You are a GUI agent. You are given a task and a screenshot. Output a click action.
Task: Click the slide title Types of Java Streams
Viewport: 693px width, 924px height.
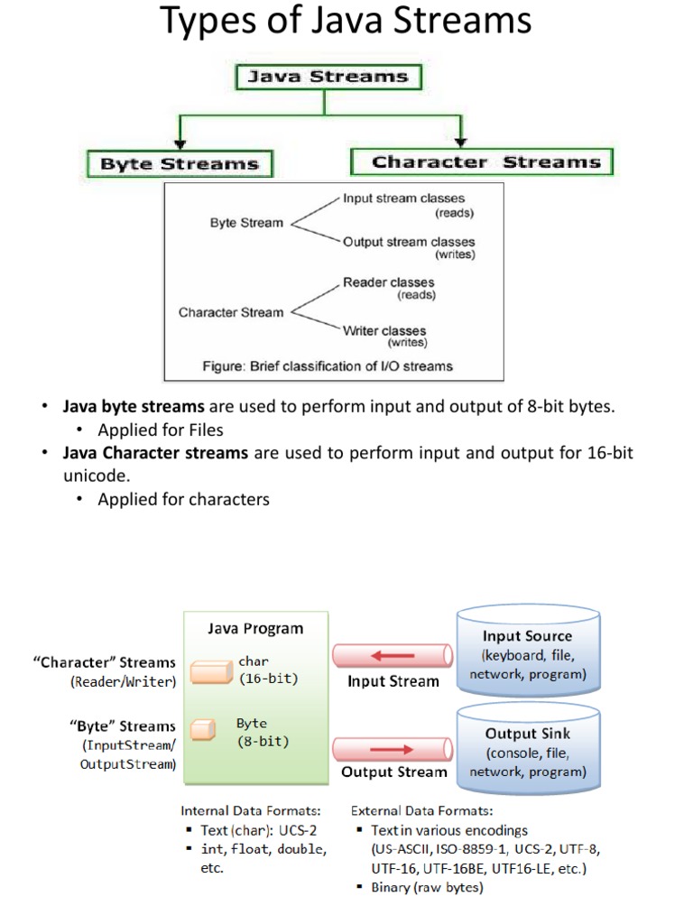pos(346,22)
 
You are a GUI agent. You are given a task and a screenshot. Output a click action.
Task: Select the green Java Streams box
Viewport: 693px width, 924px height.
pos(323,77)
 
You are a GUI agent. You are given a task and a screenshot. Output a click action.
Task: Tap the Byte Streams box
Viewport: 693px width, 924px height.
pos(180,164)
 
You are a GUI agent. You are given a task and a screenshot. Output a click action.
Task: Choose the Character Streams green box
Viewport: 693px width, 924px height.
pos(481,162)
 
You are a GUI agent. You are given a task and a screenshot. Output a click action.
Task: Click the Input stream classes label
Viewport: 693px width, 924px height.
pos(403,199)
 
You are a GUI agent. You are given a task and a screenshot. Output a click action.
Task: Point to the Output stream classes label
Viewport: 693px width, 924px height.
pos(408,242)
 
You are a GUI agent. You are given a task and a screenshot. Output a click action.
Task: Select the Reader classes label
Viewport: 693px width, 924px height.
pos(388,282)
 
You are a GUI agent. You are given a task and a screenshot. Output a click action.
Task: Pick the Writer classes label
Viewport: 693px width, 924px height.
pos(384,330)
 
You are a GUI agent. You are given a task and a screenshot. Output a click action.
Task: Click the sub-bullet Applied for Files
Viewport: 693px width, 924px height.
pos(161,430)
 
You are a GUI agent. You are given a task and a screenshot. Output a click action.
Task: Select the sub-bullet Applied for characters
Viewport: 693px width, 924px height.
pos(183,499)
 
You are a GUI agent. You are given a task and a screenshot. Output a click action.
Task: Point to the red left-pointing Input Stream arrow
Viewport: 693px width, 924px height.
pos(393,655)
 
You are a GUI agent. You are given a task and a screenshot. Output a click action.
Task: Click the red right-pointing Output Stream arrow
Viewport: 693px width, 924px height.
pos(393,748)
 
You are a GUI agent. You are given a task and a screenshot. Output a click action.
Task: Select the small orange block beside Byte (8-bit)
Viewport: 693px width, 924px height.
pos(205,728)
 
